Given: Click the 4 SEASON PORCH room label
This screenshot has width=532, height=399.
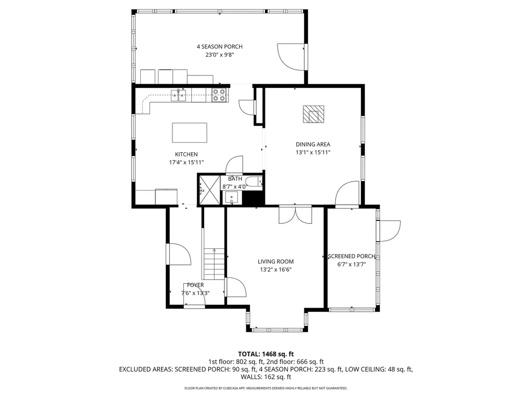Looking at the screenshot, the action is click(x=220, y=46).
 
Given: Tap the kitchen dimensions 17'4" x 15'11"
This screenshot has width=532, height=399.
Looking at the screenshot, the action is click(x=187, y=162).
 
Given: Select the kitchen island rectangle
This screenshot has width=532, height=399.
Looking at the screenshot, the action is click(x=190, y=132).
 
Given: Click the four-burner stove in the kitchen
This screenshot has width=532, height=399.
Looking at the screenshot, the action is click(x=219, y=95).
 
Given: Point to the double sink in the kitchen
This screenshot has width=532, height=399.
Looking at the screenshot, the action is click(x=179, y=96).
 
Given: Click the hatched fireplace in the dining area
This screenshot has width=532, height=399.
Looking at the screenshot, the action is click(x=313, y=114).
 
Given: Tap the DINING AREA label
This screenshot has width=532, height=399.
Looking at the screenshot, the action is click(x=313, y=144).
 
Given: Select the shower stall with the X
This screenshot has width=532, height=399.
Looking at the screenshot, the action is click(x=209, y=190).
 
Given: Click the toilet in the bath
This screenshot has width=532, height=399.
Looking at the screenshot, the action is click(x=254, y=182).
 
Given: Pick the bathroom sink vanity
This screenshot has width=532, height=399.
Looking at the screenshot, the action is click(x=232, y=197).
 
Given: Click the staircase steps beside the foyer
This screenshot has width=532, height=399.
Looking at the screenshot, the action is click(x=214, y=263).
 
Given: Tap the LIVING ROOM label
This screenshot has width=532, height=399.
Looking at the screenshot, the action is click(x=275, y=261).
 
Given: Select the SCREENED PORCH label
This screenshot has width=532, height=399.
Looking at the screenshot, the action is click(x=352, y=256).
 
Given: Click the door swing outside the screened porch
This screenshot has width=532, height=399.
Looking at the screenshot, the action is click(x=390, y=231).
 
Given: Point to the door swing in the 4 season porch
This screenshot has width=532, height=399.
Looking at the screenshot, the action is click(x=291, y=57).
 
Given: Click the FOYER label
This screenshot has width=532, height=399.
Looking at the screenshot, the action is click(x=195, y=285).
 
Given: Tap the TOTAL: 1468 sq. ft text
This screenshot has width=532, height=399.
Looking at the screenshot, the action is click(x=265, y=354).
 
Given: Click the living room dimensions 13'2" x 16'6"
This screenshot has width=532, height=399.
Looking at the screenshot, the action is click(x=275, y=270).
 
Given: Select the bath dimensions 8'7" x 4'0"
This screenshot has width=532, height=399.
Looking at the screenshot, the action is click(x=234, y=187).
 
